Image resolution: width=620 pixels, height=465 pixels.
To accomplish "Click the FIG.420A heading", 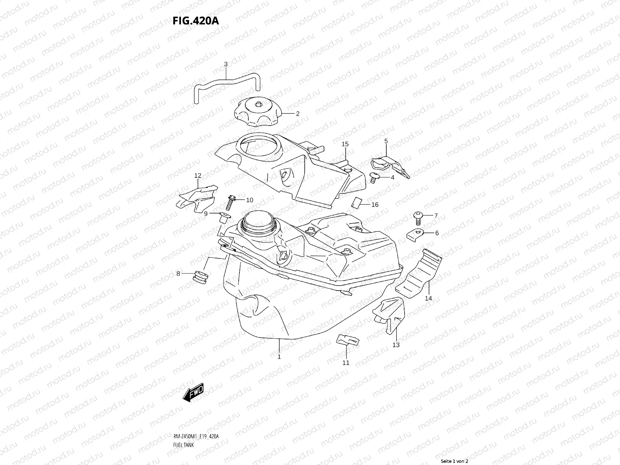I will pyautogui.click(x=196, y=20).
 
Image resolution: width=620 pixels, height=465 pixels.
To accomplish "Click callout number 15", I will pyautogui.click(x=345, y=144).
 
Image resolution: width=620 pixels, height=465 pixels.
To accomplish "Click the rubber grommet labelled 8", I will pyautogui.click(x=201, y=277).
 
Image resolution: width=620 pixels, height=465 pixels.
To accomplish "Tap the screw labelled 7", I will pyautogui.click(x=418, y=218).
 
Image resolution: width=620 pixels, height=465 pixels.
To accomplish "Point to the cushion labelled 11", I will pyautogui.click(x=348, y=340).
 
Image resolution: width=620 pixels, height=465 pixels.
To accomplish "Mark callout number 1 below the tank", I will pyautogui.click(x=279, y=357).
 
